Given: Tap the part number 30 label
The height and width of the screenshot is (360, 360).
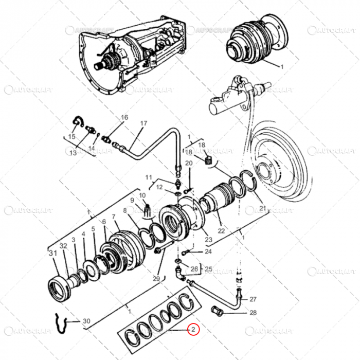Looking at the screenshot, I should (x=86, y=321).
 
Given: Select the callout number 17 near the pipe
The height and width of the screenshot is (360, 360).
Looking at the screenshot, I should (x=143, y=123).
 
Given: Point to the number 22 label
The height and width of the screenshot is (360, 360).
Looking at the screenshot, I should (x=221, y=231).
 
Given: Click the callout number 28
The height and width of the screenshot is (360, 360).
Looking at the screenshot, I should (x=253, y=313).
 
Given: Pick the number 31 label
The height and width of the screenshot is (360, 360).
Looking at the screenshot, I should (x=52, y=253).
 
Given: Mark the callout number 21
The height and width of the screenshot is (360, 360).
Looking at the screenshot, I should (x=263, y=208).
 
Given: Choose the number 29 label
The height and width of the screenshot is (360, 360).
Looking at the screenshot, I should (x=156, y=278).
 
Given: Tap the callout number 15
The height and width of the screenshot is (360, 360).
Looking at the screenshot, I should (x=71, y=136).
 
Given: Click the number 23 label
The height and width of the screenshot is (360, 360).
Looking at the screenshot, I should (x=208, y=239).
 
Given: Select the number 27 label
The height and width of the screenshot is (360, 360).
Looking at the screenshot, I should (x=253, y=299).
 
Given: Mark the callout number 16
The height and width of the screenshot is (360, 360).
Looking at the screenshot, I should (x=124, y=118).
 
